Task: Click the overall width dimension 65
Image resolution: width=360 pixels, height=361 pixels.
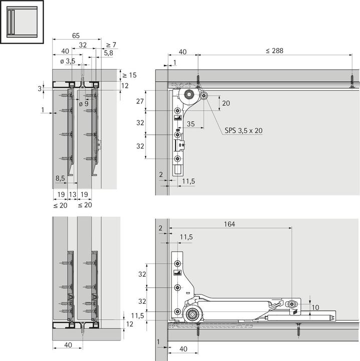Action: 76,35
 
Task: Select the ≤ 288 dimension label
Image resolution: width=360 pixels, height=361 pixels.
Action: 274,51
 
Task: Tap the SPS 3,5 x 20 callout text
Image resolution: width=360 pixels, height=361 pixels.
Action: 243,130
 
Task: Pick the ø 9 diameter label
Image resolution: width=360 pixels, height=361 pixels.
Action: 83,104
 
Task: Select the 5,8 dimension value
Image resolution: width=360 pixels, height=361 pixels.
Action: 109,52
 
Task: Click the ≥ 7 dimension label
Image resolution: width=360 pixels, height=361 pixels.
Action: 111,45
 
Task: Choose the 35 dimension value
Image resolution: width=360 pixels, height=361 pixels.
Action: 191,123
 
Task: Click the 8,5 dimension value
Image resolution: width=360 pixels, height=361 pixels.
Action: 60,177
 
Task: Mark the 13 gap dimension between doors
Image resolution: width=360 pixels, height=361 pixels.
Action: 73,194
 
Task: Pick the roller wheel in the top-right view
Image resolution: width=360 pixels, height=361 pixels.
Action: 190,95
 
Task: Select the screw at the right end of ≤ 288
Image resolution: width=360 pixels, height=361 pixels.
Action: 352,81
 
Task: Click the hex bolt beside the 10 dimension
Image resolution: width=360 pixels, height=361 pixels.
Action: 292,304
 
